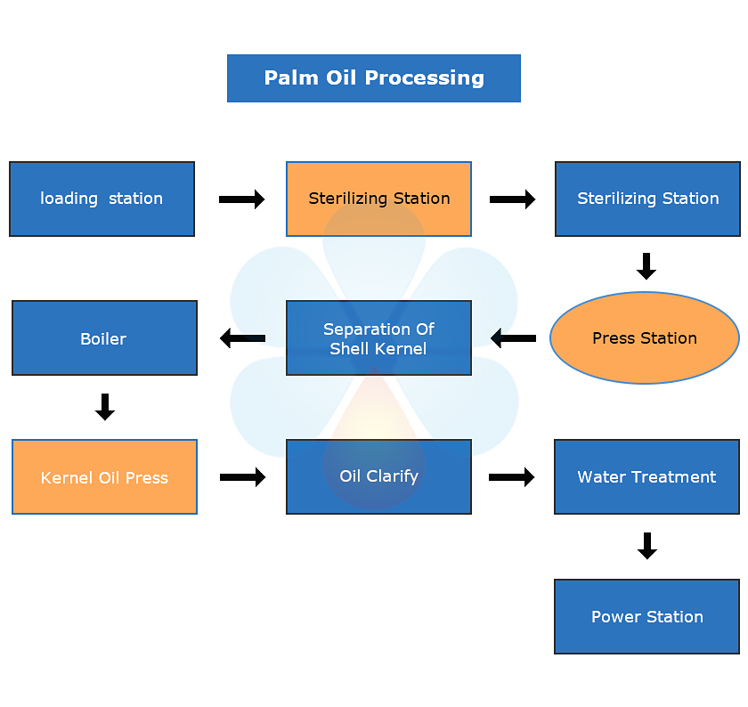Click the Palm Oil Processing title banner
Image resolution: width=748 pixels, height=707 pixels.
374,78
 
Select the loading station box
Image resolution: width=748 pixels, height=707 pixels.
102,199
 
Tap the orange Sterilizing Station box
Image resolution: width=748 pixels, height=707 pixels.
378,199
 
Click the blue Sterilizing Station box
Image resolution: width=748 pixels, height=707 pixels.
647,199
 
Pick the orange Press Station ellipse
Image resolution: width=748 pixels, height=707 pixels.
645,338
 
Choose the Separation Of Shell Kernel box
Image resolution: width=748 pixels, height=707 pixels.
378,338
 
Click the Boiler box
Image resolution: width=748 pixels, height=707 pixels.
104,338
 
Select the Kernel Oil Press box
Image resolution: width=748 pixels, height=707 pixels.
104,477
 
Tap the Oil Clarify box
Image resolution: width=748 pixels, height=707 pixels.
378,477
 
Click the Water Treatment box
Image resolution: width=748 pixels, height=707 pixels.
646,477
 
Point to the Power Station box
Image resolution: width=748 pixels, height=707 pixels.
646,616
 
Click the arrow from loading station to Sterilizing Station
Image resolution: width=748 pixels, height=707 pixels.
242,199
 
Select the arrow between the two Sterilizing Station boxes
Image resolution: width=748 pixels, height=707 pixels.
513,199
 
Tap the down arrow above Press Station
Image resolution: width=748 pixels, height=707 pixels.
647,266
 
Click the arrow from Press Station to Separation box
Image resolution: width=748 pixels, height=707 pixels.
513,338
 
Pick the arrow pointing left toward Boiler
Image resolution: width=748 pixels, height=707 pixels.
242,338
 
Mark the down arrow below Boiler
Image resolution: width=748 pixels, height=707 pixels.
105,407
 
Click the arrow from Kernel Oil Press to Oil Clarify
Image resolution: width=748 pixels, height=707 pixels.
242,477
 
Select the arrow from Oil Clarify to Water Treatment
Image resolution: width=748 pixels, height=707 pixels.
512,477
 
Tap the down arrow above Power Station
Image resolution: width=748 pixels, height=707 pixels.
647,546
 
